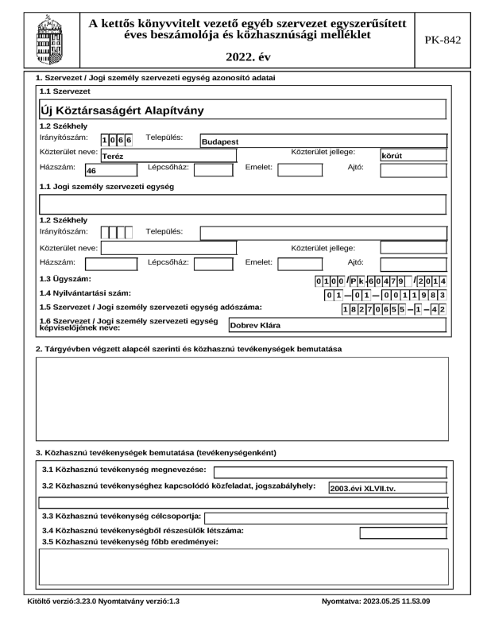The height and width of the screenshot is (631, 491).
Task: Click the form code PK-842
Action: [447, 38]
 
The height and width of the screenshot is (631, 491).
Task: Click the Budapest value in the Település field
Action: [220, 142]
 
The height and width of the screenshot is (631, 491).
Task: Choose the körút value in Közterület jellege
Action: [392, 157]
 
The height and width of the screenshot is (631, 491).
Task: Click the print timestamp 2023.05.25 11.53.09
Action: [377, 602]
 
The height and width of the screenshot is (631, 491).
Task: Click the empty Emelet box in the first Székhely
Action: [299, 169]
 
